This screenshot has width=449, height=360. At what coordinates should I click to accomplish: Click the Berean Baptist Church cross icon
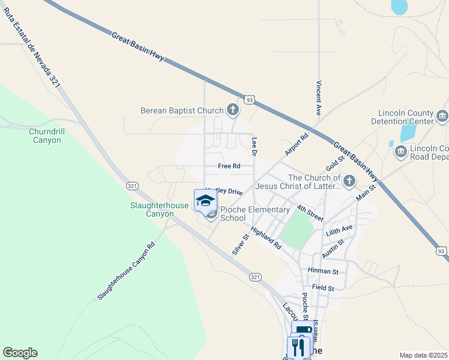233,110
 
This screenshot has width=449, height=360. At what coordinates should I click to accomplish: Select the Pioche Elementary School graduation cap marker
205,200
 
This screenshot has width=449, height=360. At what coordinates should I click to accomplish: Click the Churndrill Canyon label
45,136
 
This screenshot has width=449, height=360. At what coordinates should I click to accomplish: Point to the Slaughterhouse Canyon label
160,209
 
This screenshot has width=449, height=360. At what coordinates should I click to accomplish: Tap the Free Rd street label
229,166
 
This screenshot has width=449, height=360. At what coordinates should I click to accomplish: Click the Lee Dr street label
255,146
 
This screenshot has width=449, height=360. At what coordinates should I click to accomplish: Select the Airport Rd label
296,145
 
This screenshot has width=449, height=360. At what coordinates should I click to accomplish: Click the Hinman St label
323,272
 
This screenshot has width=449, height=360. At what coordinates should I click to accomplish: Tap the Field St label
322,288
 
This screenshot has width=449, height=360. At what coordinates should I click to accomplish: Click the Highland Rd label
266,238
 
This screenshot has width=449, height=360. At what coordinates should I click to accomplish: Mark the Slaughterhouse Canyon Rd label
126,271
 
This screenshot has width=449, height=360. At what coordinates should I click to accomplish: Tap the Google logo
20,353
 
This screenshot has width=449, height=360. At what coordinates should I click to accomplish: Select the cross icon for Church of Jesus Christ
349,180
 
